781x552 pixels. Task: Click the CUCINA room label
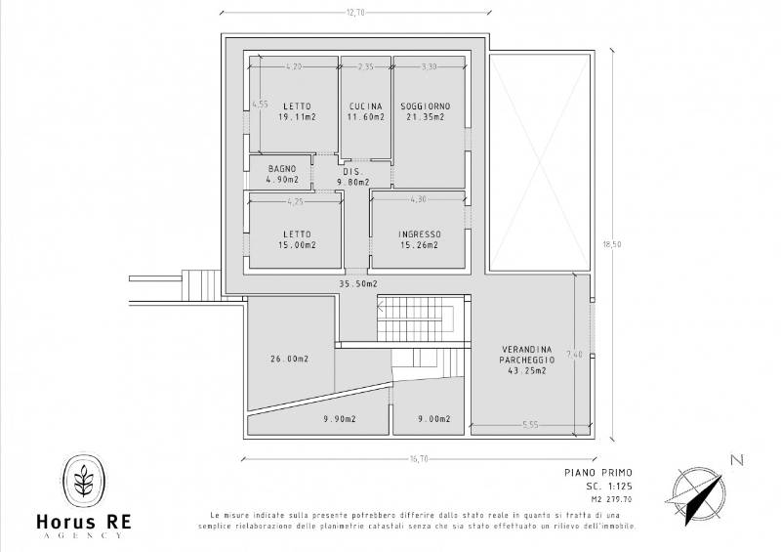pyautogui.click(x=366, y=106)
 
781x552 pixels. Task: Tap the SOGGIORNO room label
pyautogui.click(x=426, y=106)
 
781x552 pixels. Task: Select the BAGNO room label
pyautogui.click(x=282, y=169)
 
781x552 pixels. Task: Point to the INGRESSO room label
pyautogui.click(x=420, y=234)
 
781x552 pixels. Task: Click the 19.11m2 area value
pyautogui.click(x=298, y=117)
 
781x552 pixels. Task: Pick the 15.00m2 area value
pyautogui.click(x=298, y=245)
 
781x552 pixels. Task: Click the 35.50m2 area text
pyautogui.click(x=358, y=283)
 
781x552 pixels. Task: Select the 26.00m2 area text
pyautogui.click(x=289, y=359)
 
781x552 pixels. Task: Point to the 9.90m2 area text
pyautogui.click(x=340, y=419)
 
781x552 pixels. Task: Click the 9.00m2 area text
pyautogui.click(x=434, y=419)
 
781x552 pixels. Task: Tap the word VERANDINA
pyautogui.click(x=526, y=349)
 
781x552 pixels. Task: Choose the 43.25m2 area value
pyautogui.click(x=527, y=370)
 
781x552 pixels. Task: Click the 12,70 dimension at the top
pyautogui.click(x=355, y=13)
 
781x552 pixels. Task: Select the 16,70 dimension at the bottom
pyautogui.click(x=419, y=459)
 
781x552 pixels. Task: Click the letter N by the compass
pyautogui.click(x=737, y=460)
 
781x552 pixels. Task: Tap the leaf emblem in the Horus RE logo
pyautogui.click(x=84, y=480)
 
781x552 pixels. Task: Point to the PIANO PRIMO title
pyautogui.click(x=598, y=472)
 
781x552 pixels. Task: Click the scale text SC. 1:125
pyautogui.click(x=608, y=487)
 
